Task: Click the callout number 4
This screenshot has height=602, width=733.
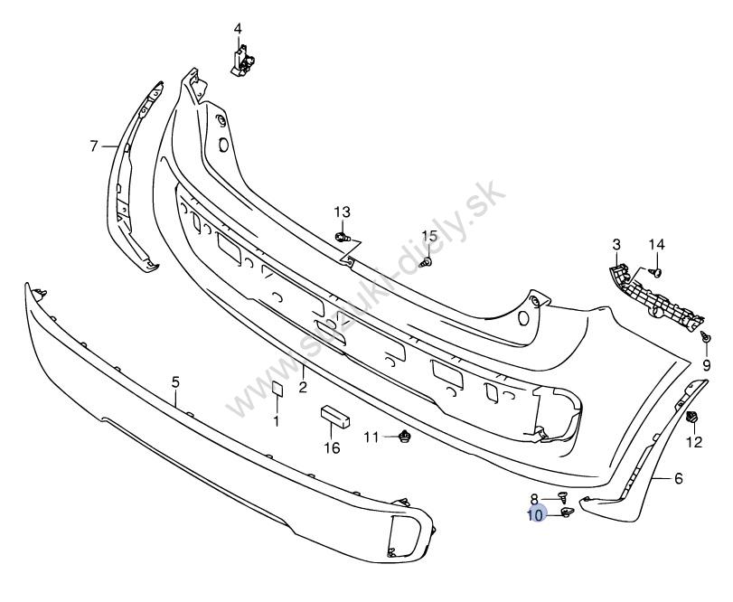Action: pos(238,29)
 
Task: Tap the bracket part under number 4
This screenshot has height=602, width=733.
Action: pos(242,61)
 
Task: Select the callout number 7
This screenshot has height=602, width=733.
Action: pos(94,146)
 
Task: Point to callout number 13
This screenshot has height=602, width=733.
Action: pos(342,212)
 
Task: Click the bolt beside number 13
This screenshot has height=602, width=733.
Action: pos(343,237)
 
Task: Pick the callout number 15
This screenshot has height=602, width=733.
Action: pos(428,237)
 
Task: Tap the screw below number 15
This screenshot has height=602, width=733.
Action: pos(426,263)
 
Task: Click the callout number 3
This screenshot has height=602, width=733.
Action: pos(616,244)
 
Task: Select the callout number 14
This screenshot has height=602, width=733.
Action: pos(656,244)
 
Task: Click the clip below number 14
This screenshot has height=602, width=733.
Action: pos(656,272)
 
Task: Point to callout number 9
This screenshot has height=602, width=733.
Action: pos(706,365)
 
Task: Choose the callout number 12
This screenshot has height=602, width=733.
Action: pos(694,442)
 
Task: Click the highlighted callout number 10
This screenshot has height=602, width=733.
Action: pos(536,515)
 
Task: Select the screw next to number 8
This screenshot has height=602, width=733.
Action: pos(562,496)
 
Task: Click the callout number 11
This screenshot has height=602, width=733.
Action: pos(371,437)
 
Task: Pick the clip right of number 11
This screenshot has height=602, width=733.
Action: pos(404,437)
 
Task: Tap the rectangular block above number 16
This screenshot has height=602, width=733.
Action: pos(335,417)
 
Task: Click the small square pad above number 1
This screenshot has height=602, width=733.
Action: pos(277,389)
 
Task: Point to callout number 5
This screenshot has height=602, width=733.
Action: pos(175,382)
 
